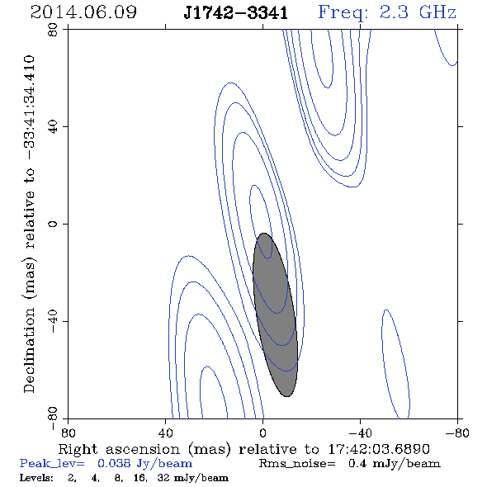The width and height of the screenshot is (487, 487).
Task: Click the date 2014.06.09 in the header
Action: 83,12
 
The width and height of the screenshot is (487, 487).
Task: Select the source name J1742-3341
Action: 236,13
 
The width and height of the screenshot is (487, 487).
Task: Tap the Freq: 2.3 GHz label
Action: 387,13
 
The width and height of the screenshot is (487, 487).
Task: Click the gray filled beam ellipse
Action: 275,314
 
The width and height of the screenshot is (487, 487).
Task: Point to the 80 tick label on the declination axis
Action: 53,30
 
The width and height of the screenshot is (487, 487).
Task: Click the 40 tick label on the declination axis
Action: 53,127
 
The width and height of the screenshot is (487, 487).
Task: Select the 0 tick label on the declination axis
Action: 53,224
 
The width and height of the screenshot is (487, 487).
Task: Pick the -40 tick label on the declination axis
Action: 53,321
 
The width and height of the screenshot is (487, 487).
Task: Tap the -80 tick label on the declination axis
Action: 53,418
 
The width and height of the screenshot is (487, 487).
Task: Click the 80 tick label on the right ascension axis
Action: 68,433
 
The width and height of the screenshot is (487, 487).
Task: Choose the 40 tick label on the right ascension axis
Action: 165,433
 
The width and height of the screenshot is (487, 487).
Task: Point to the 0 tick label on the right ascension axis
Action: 262,433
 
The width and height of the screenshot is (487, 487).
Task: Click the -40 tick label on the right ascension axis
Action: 360,433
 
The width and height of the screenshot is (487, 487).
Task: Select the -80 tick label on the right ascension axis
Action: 457,433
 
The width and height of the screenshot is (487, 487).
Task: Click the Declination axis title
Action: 29,224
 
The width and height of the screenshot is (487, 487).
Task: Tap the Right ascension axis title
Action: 244,450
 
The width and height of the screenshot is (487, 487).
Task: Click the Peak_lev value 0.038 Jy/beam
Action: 144,464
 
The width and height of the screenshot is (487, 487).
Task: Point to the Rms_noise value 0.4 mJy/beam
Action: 395,464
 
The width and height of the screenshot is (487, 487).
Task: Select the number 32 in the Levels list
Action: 163,477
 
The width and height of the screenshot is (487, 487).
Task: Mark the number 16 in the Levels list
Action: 139,477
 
